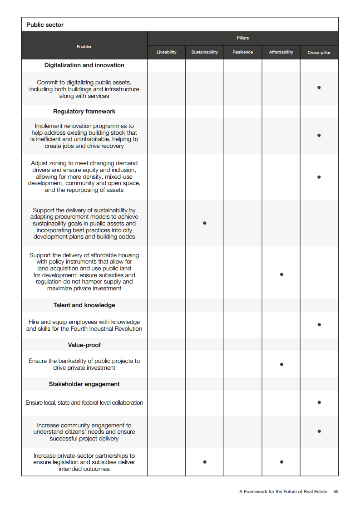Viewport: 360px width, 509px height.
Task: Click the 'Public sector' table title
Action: pos(45,25)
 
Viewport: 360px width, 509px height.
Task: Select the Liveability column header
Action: pos(166,52)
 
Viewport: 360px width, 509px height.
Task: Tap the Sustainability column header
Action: pos(204,52)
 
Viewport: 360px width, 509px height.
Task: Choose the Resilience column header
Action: pos(242,52)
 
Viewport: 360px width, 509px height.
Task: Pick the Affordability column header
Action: pos(281,52)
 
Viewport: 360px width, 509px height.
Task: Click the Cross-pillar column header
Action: pos(319,53)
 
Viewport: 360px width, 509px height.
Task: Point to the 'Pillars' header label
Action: pos(243,38)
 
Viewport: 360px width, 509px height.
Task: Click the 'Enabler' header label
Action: pos(84,47)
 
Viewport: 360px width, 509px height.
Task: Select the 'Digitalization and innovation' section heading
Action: pos(84,65)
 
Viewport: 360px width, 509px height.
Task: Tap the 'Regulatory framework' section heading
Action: pos(84,112)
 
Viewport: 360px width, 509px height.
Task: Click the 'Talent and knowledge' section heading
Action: pos(84,305)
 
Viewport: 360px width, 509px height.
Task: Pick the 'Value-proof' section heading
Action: pos(84,345)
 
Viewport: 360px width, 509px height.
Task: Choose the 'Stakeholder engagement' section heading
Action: pos(84,384)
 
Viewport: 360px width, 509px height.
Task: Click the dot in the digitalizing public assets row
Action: pos(319,87)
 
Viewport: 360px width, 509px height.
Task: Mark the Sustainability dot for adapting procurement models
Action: pos(205,223)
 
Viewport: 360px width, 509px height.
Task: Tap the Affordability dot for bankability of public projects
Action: pos(281,364)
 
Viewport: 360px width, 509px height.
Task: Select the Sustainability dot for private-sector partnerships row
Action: pos(205,462)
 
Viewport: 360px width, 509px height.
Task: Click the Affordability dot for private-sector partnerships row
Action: pos(281,462)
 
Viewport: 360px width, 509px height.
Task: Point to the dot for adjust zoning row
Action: pos(319,177)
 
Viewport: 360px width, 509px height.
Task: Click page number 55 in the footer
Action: pos(336,492)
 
